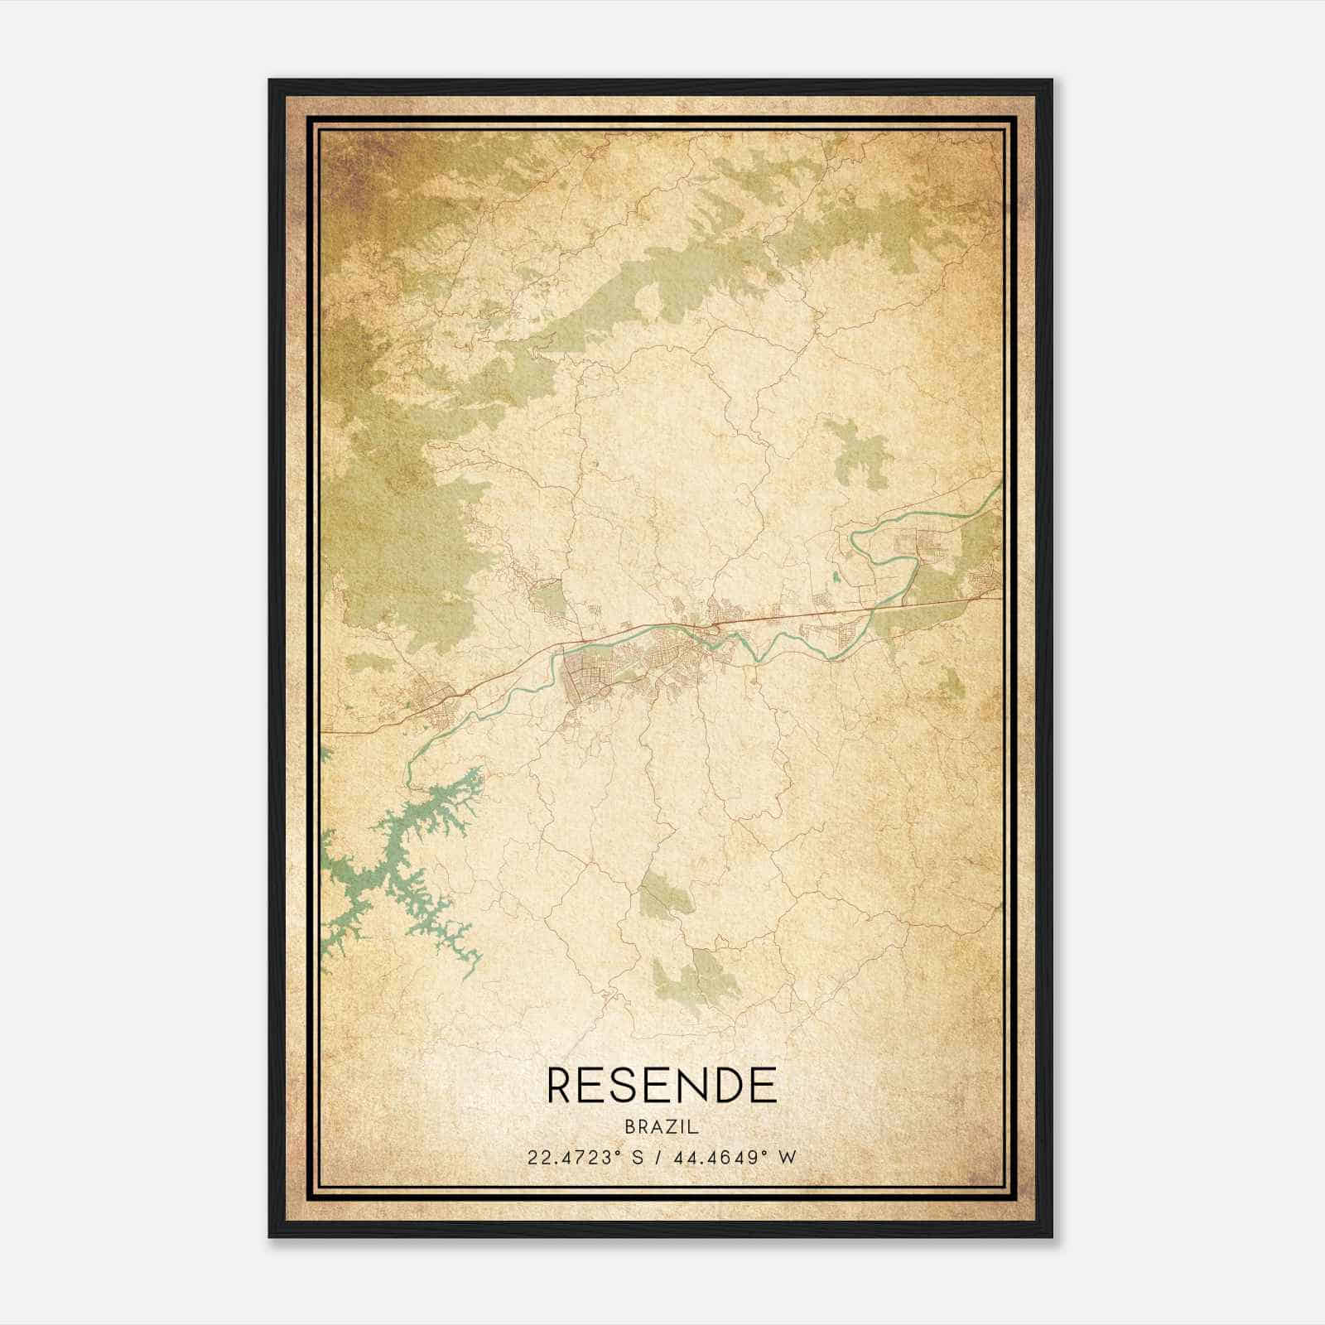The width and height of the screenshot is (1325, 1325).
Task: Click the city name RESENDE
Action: tap(662, 1085)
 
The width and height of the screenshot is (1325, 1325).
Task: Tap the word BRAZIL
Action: tap(662, 1127)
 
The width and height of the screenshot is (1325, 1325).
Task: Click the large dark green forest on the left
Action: tap(397, 513)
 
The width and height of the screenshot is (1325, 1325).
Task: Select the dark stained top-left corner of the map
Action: tap(348, 157)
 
